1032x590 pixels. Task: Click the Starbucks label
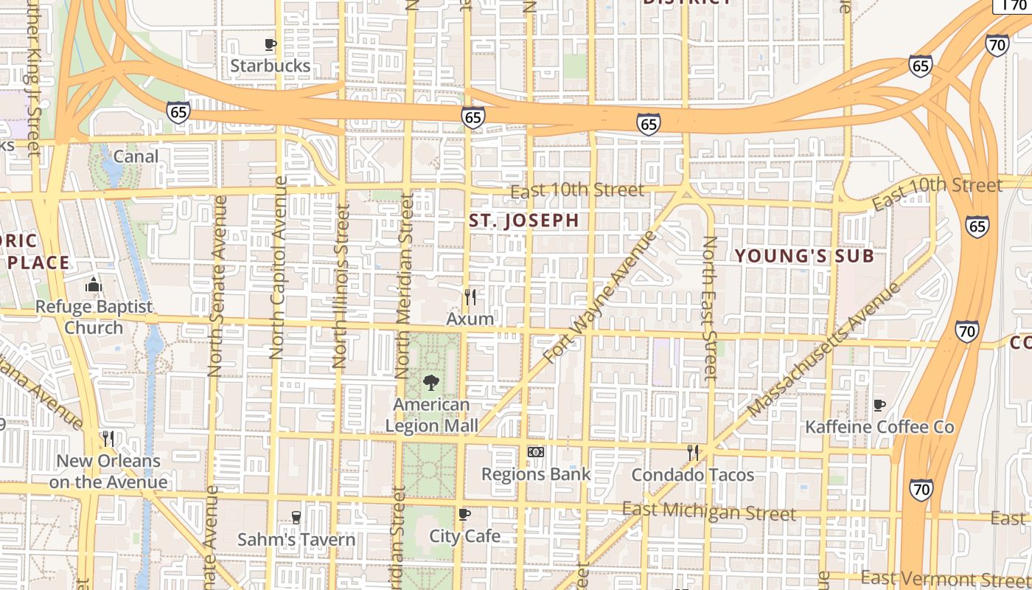[270, 66]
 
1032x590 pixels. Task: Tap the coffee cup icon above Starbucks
[271, 44]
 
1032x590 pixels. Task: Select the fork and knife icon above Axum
[470, 297]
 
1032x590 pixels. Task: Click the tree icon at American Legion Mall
[431, 383]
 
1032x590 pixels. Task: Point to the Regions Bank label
[536, 474]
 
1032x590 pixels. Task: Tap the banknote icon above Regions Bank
[536, 451]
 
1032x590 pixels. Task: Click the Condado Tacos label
[692, 475]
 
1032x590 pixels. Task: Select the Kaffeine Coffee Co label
[879, 427]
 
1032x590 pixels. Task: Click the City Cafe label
[464, 536]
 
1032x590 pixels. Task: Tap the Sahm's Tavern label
[296, 540]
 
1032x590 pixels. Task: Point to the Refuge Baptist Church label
[94, 317]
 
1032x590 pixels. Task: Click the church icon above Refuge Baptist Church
[94, 285]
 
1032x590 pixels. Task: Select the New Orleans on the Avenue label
[108, 472]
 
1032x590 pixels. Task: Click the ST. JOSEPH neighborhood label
[524, 221]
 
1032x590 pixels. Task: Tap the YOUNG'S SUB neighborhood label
[804, 257]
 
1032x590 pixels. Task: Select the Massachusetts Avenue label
[823, 350]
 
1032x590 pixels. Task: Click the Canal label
[136, 156]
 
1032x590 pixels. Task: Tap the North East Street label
[709, 308]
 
